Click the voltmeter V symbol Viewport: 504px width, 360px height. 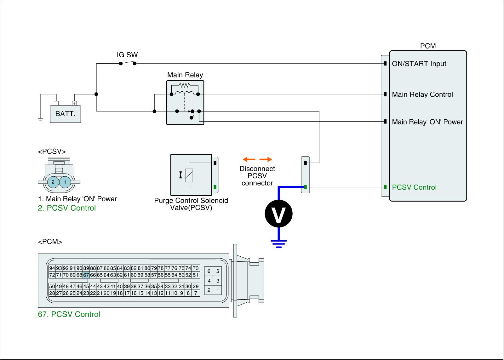278,214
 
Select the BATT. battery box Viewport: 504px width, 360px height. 65,114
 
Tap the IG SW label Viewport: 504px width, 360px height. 127,55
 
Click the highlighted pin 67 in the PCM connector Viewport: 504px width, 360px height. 86,275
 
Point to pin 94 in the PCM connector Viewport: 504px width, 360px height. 52,268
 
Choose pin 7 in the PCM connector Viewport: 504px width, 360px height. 196,293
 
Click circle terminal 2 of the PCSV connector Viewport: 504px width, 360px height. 53,182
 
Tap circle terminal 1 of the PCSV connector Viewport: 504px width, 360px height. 65,182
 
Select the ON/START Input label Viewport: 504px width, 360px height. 419,64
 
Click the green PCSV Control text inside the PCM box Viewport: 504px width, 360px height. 414,187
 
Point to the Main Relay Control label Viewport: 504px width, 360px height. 422,94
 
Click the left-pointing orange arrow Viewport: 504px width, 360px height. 249,159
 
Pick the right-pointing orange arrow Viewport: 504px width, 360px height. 266,159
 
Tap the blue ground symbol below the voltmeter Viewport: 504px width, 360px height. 279,244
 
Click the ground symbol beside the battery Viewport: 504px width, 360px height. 40,120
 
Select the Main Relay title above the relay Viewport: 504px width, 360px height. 185,75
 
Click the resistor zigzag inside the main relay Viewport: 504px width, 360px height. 185,85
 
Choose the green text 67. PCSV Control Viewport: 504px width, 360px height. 69,314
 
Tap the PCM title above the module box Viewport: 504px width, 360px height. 428,46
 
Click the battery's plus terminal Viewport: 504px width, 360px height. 74,103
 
